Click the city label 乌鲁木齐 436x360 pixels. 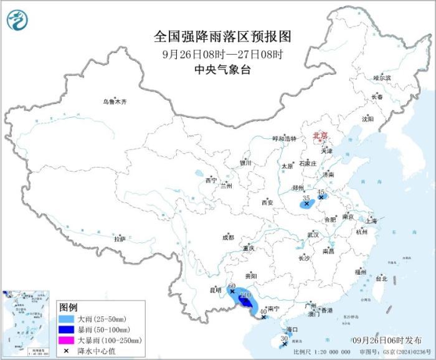[115, 102]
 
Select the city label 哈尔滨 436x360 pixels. [382, 78]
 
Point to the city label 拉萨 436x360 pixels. [120, 239]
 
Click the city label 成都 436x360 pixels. [227, 237]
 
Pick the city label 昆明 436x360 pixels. [215, 290]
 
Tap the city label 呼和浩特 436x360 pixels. [285, 138]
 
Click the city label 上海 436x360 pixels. [371, 220]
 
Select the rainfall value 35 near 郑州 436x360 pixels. [305, 197]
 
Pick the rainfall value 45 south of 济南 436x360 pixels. [322, 191]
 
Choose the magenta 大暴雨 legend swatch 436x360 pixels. [67, 340]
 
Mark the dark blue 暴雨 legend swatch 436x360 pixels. [67, 329]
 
